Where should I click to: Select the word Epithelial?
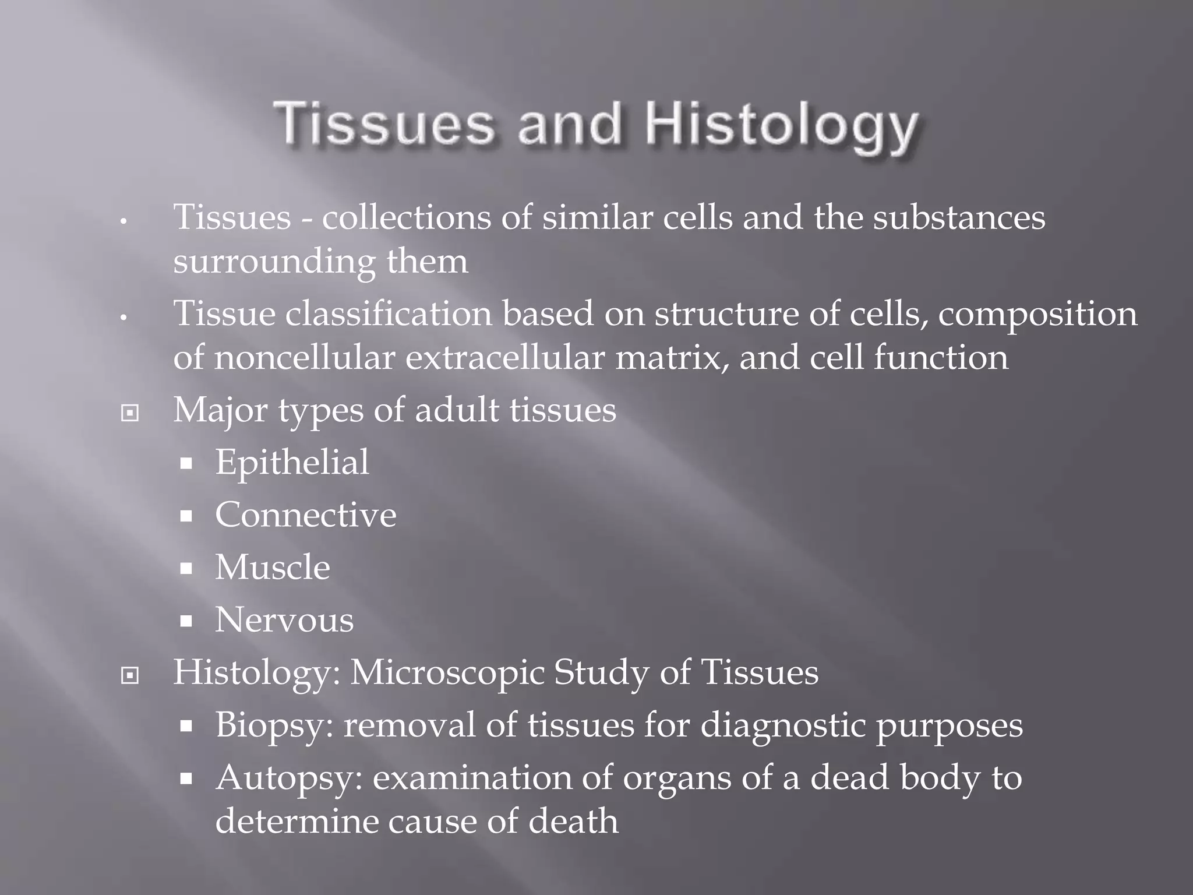tap(292, 463)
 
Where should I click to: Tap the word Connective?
tap(305, 515)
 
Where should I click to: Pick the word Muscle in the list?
tap(272, 568)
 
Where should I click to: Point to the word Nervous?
tap(284, 620)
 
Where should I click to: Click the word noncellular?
tap(305, 358)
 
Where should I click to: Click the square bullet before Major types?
tap(129, 413)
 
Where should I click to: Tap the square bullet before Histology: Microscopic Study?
tap(129, 675)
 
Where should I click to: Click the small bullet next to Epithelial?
tap(186, 464)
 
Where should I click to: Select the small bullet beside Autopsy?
tap(186, 779)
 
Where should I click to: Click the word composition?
tap(1037, 314)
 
